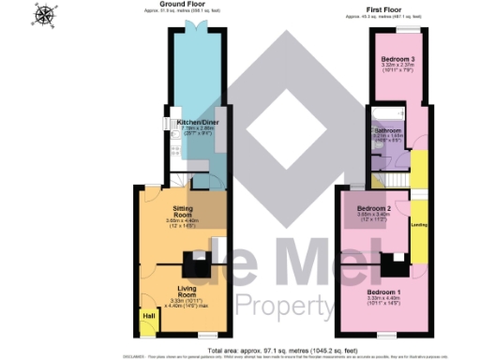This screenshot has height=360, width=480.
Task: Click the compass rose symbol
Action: pos(44,15)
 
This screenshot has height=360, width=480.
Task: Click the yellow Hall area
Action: pos(147,321)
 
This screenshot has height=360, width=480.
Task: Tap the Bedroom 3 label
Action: pos(398,59)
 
